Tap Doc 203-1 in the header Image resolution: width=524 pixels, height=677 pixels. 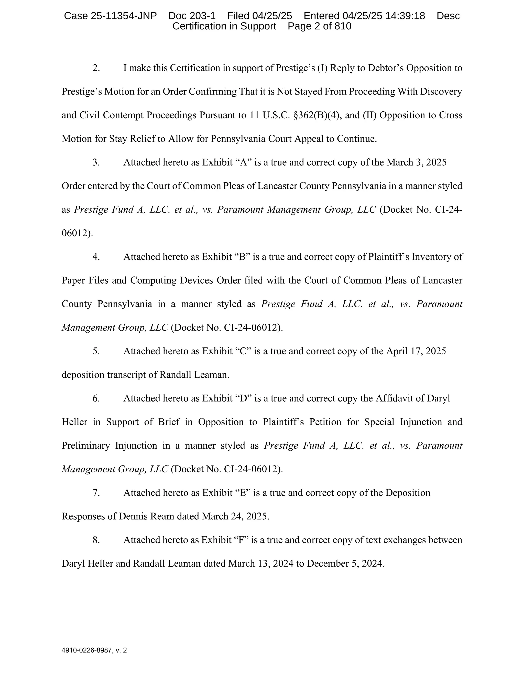point(192,16)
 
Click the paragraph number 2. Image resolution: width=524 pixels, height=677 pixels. point(96,68)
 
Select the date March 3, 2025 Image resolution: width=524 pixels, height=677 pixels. point(416,162)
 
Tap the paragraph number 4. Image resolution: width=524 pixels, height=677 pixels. point(96,257)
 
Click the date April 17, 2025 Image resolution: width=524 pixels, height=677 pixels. point(416,351)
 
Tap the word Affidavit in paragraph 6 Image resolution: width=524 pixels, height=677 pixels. point(394,398)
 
